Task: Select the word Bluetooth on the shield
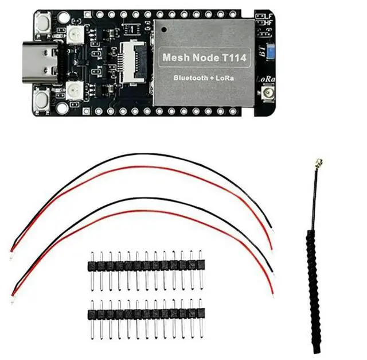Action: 190,77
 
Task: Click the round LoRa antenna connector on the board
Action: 267,94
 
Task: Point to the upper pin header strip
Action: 146,265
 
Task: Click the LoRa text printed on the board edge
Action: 266,79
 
